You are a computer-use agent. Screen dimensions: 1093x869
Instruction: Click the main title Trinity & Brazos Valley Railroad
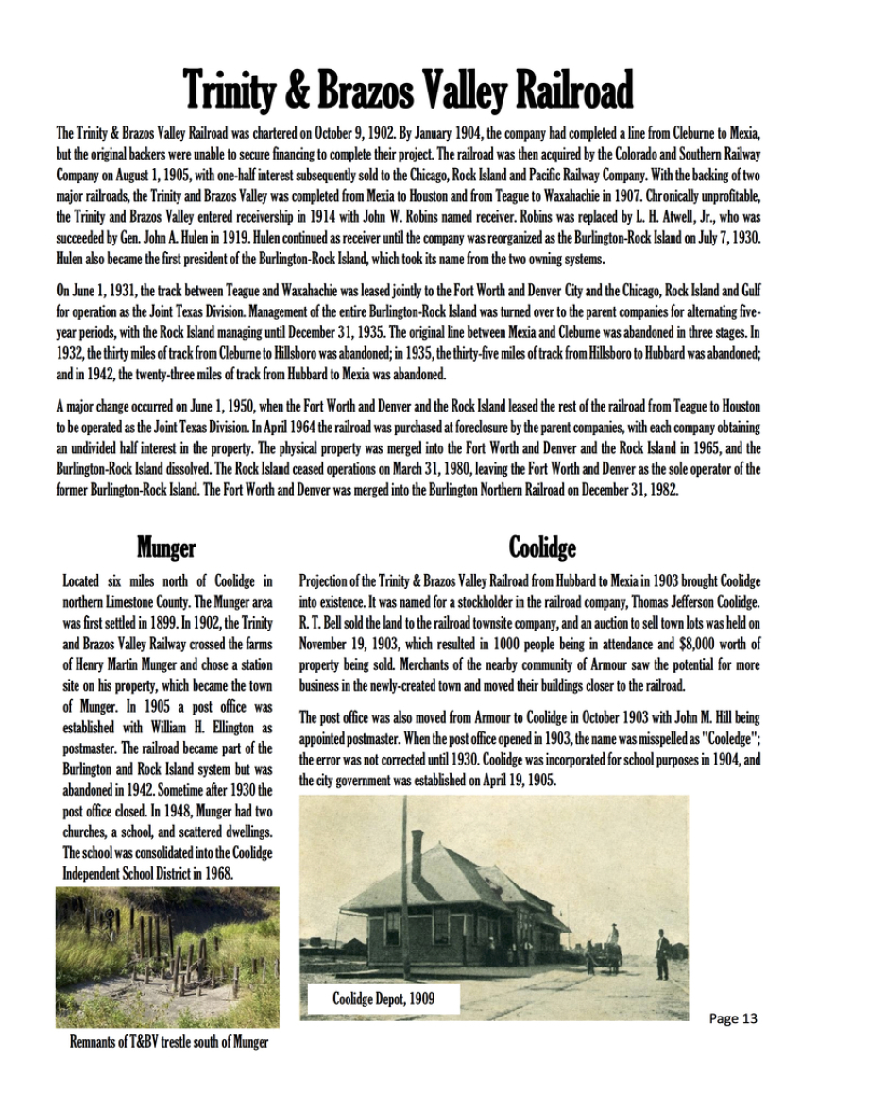pyautogui.click(x=407, y=92)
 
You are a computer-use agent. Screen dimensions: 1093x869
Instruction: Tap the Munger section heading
pyautogui.click(x=166, y=546)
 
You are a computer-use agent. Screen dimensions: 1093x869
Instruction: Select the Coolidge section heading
pyautogui.click(x=542, y=546)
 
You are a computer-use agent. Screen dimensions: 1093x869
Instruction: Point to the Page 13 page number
pyautogui.click(x=733, y=1018)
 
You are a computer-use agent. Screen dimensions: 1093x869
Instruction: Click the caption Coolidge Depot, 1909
pyautogui.click(x=383, y=998)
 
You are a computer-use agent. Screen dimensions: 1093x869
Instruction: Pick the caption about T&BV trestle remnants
pyautogui.click(x=169, y=1042)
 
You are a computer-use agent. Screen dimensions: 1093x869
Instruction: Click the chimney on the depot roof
pyautogui.click(x=417, y=854)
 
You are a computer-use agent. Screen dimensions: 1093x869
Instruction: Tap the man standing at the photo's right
pyautogui.click(x=662, y=953)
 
